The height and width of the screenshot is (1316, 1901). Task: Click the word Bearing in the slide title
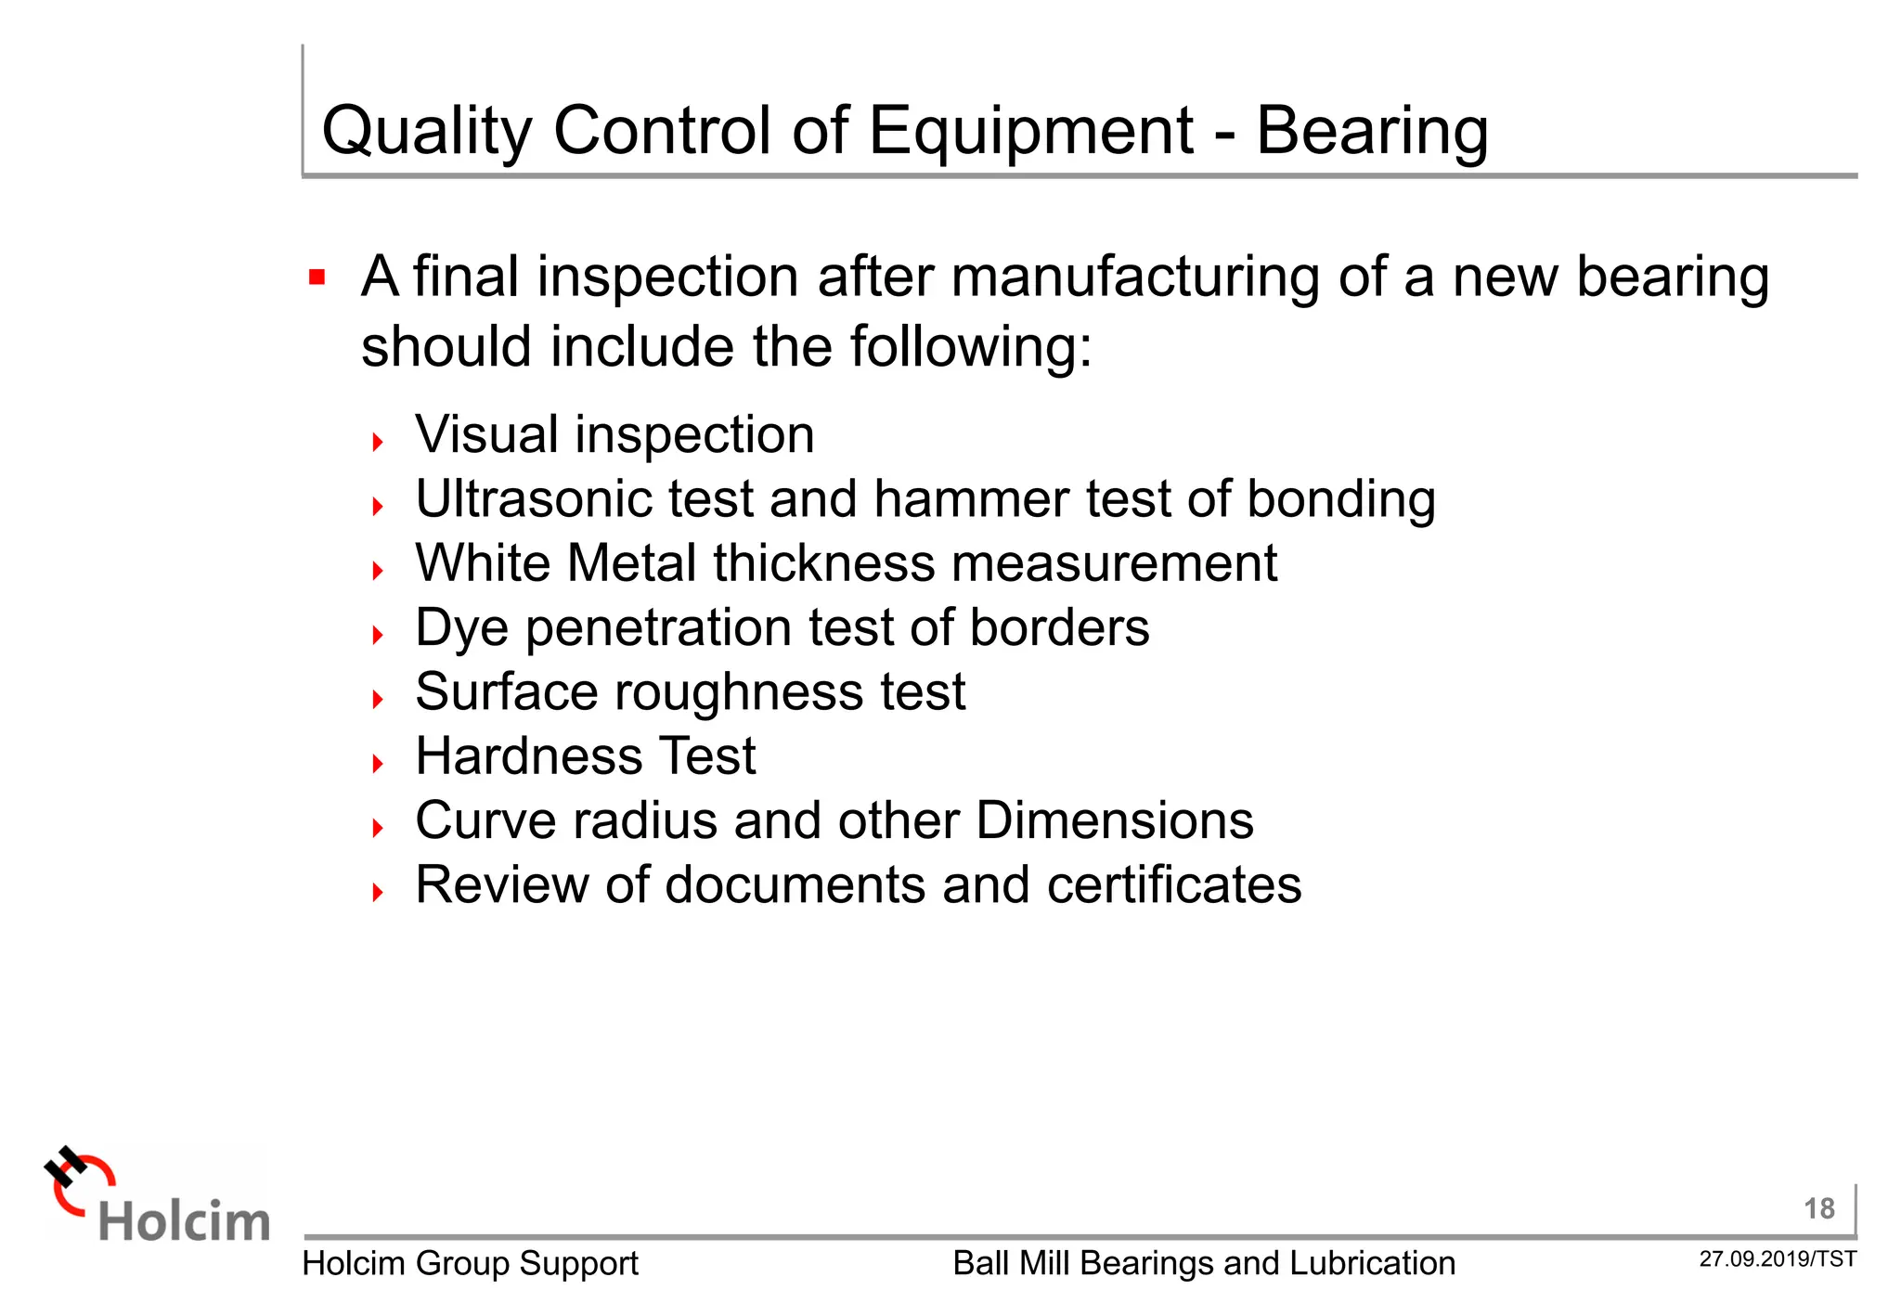click(1371, 131)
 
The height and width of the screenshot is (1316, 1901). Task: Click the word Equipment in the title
click(1030, 131)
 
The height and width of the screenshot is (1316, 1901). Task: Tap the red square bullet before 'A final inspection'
click(317, 277)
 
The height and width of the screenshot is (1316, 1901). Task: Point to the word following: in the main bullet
click(971, 346)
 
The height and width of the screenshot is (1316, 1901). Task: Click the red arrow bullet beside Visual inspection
click(378, 442)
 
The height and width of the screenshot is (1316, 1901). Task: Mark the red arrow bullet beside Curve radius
click(378, 827)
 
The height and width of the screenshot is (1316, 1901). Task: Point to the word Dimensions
click(1114, 820)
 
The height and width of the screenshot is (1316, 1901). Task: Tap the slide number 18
click(1818, 1208)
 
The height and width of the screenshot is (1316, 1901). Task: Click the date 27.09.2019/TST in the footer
click(1778, 1259)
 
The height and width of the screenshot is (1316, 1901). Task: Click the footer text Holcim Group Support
click(470, 1263)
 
